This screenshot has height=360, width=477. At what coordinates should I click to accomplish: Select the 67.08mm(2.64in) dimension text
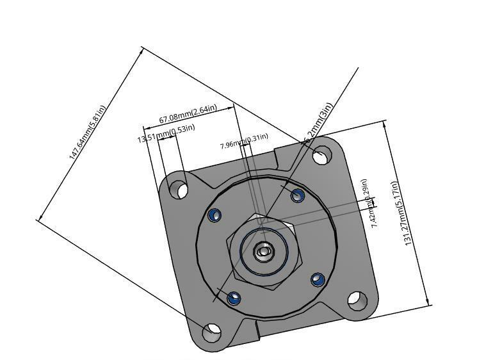pyautogui.click(x=188, y=114)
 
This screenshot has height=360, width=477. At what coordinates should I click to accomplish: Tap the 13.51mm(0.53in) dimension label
pyautogui.click(x=166, y=133)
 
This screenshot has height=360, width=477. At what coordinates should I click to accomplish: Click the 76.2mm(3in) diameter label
pyautogui.click(x=318, y=122)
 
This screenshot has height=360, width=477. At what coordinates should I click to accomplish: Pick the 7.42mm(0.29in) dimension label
pyautogui.click(x=369, y=203)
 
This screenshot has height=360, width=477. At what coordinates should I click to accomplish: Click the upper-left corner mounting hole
pyautogui.click(x=178, y=189)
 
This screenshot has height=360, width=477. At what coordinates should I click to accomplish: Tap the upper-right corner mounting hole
pyautogui.click(x=322, y=155)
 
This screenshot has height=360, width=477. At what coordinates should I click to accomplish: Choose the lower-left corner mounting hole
pyautogui.click(x=212, y=332)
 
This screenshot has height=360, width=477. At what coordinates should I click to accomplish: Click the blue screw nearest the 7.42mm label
pyautogui.click(x=297, y=195)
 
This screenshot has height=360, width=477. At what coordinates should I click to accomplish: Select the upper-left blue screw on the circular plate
pyautogui.click(x=214, y=215)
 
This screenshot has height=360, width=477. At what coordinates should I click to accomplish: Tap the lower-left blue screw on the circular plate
pyautogui.click(x=234, y=298)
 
